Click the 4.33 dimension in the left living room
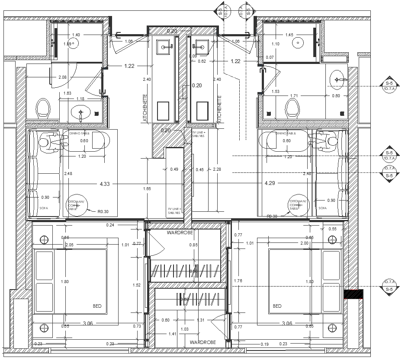(x=104, y=184)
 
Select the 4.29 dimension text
(x=270, y=184)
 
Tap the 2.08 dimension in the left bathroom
(x=63, y=77)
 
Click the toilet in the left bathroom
(x=43, y=108)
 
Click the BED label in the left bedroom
(x=97, y=306)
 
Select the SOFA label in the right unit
(x=322, y=208)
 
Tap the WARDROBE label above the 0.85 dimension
(x=180, y=233)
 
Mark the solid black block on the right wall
(x=354, y=294)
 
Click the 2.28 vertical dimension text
(x=217, y=169)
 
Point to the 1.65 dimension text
(x=147, y=189)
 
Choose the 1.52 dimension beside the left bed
(x=137, y=285)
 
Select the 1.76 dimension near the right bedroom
(x=238, y=281)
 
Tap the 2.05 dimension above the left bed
(x=69, y=245)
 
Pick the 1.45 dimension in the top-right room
(x=289, y=35)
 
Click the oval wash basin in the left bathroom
(x=81, y=113)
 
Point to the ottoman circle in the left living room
(x=77, y=204)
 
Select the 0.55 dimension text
(x=332, y=229)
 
